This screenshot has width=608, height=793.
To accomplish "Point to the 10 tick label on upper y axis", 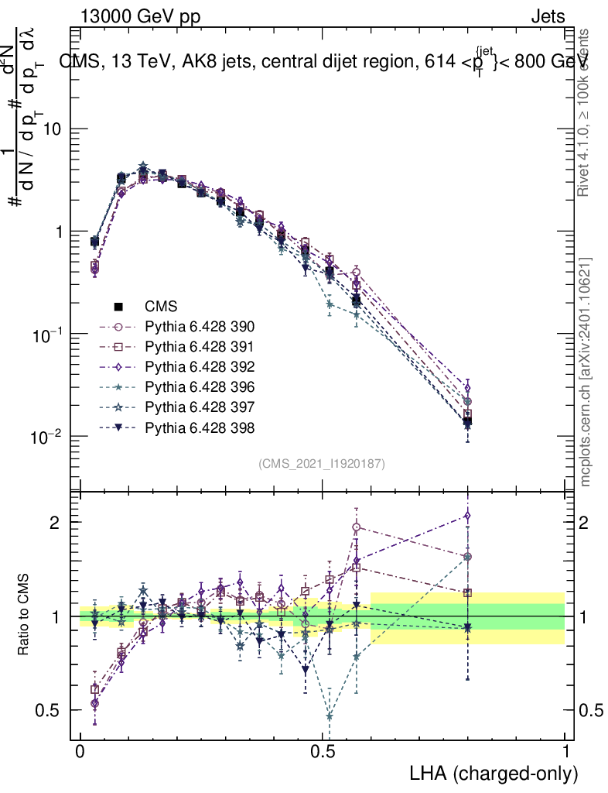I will tap(53, 129).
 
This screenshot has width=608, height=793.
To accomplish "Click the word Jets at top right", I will tap(548, 16).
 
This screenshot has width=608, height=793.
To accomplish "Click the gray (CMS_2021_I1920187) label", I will tap(322, 463).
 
